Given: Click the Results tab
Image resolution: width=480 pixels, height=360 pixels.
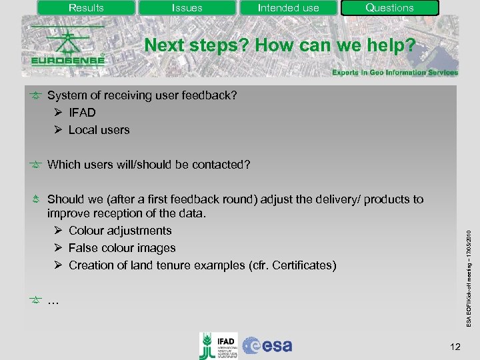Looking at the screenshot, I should tap(86, 8).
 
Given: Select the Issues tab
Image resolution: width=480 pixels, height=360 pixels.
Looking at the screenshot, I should tap(187, 8).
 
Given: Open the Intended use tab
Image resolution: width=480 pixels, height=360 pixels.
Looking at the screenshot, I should tap(288, 8).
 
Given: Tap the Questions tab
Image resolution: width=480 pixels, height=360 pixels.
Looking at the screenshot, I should tap(389, 8).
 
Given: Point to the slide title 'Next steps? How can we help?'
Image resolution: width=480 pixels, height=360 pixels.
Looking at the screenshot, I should tap(280, 46).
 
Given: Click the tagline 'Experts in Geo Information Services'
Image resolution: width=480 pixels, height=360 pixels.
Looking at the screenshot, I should tap(395, 73).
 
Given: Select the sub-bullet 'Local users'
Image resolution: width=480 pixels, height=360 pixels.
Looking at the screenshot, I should tap(99, 130).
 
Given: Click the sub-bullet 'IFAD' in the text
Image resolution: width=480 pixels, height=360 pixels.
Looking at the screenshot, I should tap(82, 113).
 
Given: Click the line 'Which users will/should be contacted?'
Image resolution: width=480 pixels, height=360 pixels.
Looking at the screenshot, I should tap(149, 165).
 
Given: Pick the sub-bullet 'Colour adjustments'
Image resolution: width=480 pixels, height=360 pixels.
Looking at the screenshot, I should tap(120, 231).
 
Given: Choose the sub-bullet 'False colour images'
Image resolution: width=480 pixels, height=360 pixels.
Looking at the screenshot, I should tap(122, 248).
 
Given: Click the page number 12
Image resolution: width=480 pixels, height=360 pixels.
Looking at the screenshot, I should tap(455, 346).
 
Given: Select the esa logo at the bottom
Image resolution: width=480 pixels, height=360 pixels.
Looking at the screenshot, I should tap(267, 345).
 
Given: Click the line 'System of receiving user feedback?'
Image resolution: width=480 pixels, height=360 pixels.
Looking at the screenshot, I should tap(141, 95).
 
